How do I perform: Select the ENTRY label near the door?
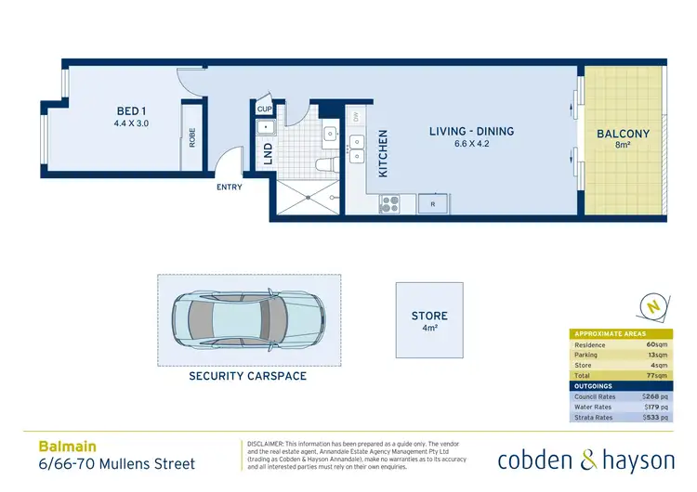229,188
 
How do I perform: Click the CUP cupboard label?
264,110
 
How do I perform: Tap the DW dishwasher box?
355,117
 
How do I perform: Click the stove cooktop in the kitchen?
388,203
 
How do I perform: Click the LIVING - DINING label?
471,132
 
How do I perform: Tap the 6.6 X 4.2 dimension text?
471,144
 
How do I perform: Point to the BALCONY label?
623,134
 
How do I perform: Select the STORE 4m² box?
429,321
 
